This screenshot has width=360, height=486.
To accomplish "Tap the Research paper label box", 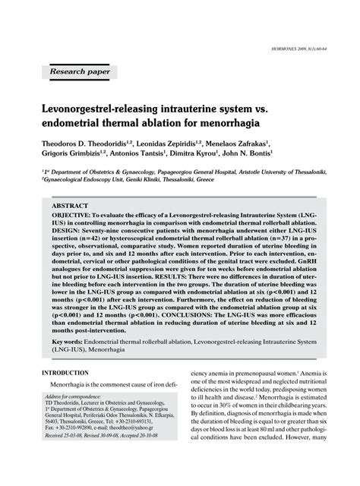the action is [79, 72].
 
